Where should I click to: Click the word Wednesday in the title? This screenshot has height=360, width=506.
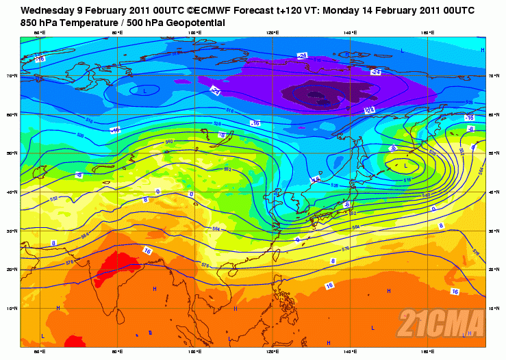[x=47, y=11]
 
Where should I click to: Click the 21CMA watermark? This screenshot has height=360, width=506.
[x=442, y=322]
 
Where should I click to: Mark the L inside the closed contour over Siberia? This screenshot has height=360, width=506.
[x=145, y=90]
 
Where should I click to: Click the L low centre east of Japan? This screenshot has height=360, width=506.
[x=405, y=166]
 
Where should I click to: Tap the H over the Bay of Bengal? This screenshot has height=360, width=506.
[x=155, y=290]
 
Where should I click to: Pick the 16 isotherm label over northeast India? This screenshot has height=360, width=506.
[x=147, y=251]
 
